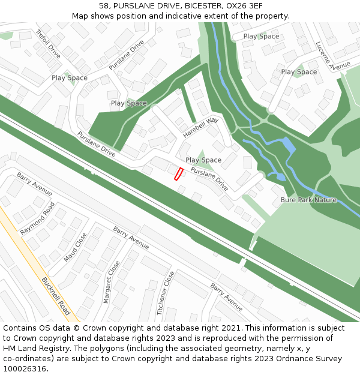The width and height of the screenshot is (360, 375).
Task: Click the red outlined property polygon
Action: (x=178, y=174)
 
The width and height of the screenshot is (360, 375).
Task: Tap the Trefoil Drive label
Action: (x=48, y=43)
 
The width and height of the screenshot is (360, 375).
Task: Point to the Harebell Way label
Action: (x=201, y=128)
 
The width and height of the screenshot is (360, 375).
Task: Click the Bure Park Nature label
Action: (x=308, y=200)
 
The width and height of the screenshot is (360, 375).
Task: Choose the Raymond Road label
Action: (x=37, y=218)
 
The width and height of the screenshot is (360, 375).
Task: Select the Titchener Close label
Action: (x=166, y=293)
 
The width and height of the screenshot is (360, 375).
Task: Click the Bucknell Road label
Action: (x=56, y=296)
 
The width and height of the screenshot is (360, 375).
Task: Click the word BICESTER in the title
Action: (x=203, y=6)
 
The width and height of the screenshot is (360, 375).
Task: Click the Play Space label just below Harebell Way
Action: (x=203, y=160)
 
